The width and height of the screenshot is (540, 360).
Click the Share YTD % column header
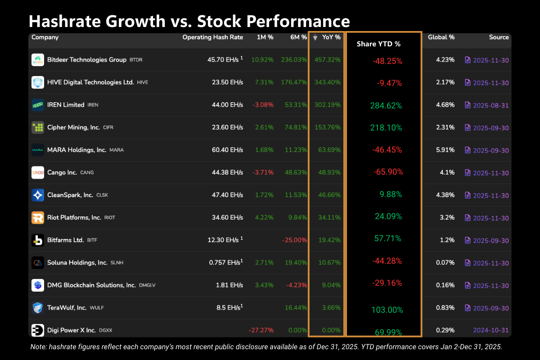coord(378,44)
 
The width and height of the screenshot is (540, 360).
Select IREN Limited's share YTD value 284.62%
coord(386,106)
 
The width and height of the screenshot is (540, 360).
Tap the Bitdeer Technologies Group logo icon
coord(38,60)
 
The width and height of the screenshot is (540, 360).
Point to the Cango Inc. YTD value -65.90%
coord(388,172)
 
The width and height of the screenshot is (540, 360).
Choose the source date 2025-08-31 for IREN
coord(490,105)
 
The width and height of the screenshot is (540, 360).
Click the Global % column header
coord(441,37)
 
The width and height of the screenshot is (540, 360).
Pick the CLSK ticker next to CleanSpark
coord(102,195)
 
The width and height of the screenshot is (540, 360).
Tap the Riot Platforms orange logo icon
coord(38,217)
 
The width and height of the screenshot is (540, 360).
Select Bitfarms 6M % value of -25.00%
coord(294,240)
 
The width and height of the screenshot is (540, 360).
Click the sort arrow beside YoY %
coord(315,38)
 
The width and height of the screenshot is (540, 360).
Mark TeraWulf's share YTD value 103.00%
coord(387,310)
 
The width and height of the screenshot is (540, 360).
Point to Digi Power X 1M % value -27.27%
coord(261,330)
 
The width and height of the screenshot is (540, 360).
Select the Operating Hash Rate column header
coord(212,37)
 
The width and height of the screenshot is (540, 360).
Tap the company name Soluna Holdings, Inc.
coord(77,262)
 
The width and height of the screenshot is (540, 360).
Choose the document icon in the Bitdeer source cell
coord(468,60)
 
